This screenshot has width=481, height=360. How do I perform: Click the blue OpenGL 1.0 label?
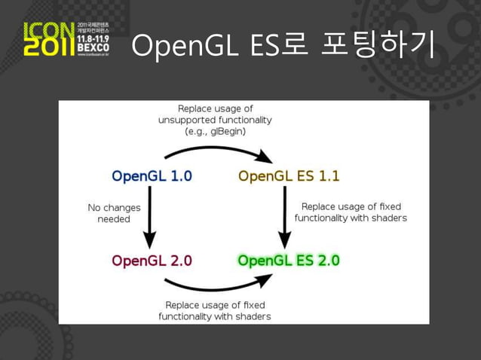tap(152, 176)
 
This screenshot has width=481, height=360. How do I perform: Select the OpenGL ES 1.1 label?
tap(289, 176)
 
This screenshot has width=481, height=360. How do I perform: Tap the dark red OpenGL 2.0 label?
tap(152, 261)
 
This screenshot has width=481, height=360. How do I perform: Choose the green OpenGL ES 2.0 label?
tap(289, 261)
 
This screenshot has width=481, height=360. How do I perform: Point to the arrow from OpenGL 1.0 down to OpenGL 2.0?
tap(150, 218)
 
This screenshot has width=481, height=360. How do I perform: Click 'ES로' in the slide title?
tap(268, 46)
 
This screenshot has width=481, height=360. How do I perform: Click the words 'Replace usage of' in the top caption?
tap(215, 108)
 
